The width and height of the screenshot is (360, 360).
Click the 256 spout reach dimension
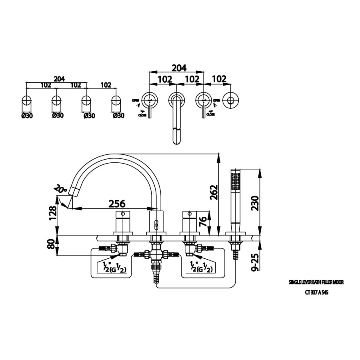tap(117, 203)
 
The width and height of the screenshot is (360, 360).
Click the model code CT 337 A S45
tap(316, 292)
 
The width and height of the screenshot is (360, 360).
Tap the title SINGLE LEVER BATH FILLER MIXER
tap(316, 282)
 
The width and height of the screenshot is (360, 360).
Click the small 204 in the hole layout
tap(59, 79)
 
